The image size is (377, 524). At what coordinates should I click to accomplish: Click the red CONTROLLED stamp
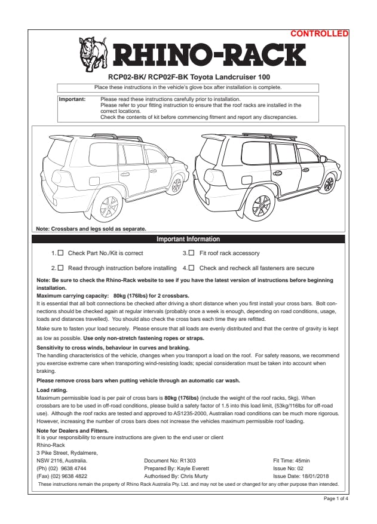click(x=319, y=34)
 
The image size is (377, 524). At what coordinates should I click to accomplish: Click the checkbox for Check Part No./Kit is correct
click(x=60, y=253)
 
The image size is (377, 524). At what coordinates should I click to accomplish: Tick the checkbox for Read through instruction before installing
click(x=60, y=268)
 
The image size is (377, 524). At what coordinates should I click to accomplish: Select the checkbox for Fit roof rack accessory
click(x=192, y=253)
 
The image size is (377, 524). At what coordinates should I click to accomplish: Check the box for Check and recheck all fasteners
click(x=192, y=268)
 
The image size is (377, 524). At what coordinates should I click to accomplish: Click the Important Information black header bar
click(x=188, y=239)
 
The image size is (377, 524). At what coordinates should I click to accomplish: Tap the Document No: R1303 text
click(x=170, y=461)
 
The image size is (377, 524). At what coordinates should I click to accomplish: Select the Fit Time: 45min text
click(x=291, y=461)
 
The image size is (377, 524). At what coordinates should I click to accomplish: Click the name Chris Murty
click(x=195, y=476)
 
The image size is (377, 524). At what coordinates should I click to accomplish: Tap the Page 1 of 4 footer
click(x=336, y=498)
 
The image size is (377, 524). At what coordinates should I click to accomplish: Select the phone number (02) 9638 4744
click(x=62, y=468)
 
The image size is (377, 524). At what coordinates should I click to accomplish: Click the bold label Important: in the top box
click(x=72, y=99)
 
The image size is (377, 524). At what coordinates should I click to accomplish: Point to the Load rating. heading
click(x=52, y=390)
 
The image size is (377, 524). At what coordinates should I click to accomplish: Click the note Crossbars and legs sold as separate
click(x=91, y=228)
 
